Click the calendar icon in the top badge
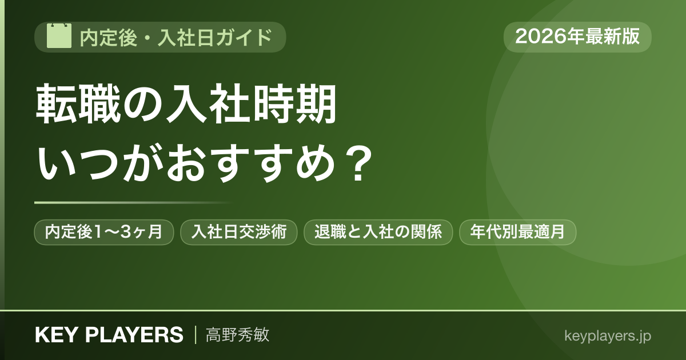59,35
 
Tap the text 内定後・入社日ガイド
176,37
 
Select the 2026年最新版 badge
577,37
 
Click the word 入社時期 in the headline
251,104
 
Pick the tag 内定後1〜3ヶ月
104,232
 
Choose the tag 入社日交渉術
239,232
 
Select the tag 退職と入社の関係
378,232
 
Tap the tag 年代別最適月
517,232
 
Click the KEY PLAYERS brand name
109,335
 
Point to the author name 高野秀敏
238,335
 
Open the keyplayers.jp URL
608,336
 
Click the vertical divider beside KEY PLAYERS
196,335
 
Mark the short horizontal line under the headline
133,203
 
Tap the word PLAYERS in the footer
134,335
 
